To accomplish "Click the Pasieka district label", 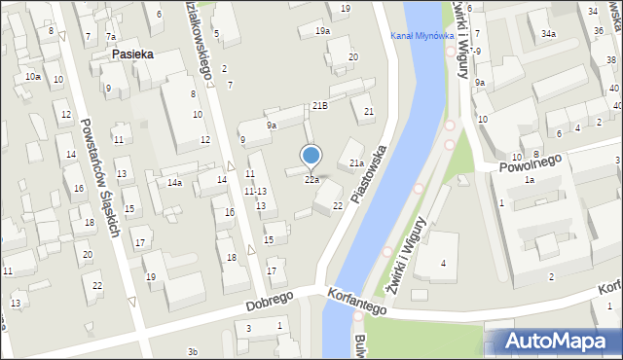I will (x=131, y=55).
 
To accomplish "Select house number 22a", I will (x=311, y=180).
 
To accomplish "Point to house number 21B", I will (x=319, y=105).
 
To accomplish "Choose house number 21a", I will (x=356, y=162).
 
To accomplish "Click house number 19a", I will (x=321, y=31).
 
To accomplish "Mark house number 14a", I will (x=174, y=182).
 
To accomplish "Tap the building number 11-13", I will (x=255, y=191).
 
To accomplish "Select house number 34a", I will (x=549, y=34).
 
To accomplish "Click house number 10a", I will (x=33, y=76).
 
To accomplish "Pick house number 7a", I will (x=111, y=37).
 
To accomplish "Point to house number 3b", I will (x=193, y=351).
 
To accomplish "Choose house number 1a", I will (x=530, y=180).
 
